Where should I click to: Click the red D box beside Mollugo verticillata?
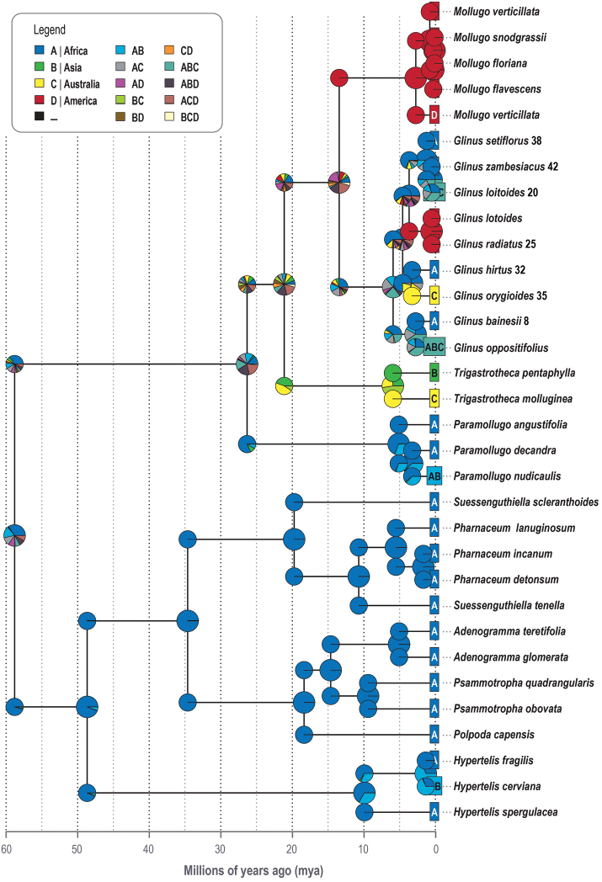click(434, 114)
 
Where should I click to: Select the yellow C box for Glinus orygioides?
click(434, 295)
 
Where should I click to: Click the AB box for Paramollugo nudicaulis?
click(434, 476)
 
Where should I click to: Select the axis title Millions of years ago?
click(221, 869)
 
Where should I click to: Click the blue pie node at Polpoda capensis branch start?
click(305, 735)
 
